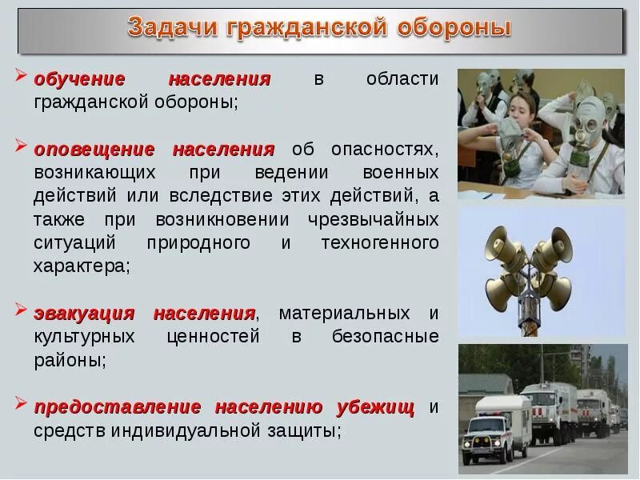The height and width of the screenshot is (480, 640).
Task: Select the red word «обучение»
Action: [x=80, y=79]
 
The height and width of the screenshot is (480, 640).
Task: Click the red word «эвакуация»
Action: [x=84, y=312]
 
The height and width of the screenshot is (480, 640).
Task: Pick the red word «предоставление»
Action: [x=118, y=406]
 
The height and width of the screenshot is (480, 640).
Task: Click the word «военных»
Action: [x=400, y=172]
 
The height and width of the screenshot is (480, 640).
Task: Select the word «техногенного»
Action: [x=380, y=242]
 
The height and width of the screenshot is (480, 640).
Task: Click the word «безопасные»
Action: [x=386, y=336]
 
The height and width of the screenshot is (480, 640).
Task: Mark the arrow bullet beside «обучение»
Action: [x=22, y=78]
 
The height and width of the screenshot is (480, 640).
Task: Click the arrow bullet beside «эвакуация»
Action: [x=22, y=311]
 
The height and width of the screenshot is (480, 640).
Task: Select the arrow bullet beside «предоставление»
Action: [x=22, y=406]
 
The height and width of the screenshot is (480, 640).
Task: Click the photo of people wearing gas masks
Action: [x=541, y=133]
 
